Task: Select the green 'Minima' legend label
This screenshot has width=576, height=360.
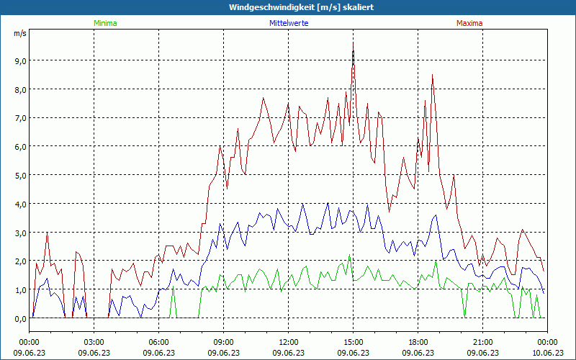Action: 104,23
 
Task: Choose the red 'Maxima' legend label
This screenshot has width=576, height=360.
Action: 469,23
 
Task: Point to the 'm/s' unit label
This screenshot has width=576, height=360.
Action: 19,33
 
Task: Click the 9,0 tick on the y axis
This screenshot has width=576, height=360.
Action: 19,60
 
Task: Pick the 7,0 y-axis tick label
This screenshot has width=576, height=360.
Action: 19,117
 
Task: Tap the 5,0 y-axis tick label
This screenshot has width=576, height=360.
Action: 19,175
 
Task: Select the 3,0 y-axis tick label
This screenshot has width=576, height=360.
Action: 19,233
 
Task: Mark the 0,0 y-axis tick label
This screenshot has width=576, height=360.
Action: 19,318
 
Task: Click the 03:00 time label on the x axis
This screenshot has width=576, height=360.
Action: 94,342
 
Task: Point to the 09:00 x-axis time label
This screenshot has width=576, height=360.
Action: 224,342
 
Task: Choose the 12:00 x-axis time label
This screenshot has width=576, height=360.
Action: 289,342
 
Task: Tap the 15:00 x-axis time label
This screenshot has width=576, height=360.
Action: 354,342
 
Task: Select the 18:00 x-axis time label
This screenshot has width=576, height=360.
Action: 418,342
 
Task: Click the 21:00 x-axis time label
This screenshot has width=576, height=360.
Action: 483,342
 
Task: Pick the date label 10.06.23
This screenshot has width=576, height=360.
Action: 547,353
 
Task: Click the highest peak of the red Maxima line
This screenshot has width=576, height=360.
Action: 353,42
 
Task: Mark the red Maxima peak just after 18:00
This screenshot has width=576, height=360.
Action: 432,75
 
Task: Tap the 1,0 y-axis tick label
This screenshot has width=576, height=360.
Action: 19,289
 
